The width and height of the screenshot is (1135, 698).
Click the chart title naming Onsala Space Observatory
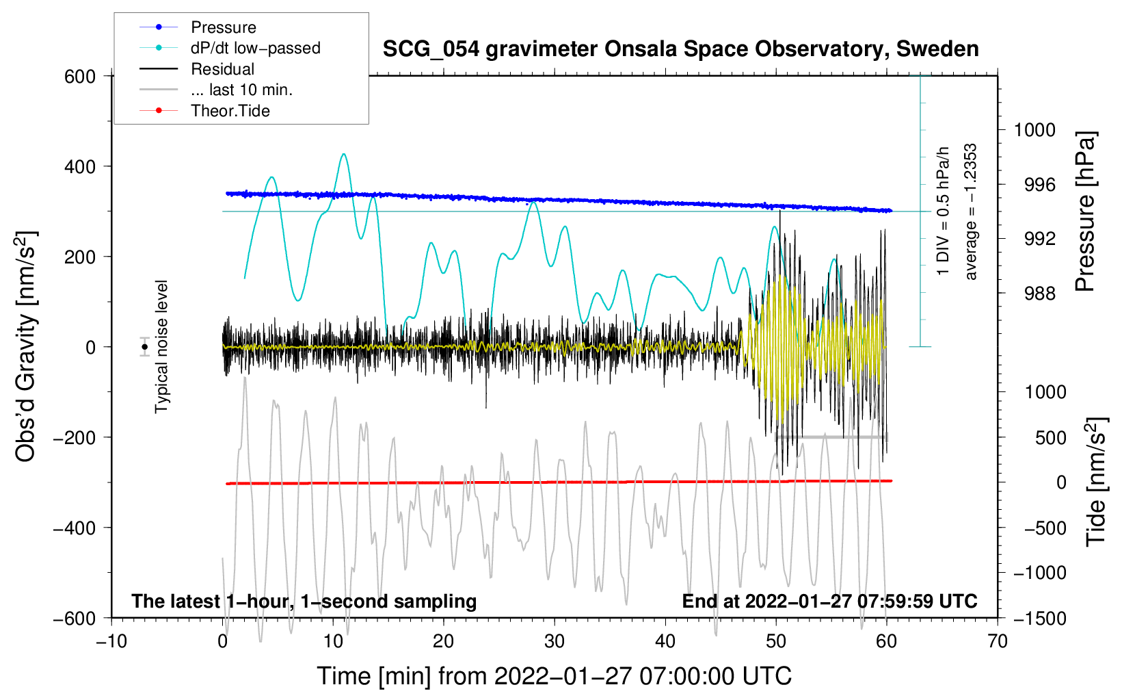click(x=680, y=49)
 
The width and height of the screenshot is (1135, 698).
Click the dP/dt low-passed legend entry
click(x=255, y=48)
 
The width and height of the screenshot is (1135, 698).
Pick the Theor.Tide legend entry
click(x=230, y=111)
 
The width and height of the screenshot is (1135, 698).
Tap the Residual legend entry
click(x=222, y=69)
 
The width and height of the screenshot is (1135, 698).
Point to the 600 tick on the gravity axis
click(x=80, y=76)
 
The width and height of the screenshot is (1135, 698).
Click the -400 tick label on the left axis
click(x=75, y=528)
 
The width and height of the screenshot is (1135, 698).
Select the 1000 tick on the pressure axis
click(x=1034, y=130)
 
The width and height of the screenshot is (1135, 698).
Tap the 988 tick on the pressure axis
click(x=1039, y=294)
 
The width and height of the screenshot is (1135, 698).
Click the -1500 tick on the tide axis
click(x=1039, y=618)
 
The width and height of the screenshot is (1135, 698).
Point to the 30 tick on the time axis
click(x=555, y=641)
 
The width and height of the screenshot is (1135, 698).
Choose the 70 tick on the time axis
click(x=998, y=641)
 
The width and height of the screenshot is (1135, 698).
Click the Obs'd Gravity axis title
click(x=26, y=347)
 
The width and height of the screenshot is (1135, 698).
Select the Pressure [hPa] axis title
click(x=1085, y=211)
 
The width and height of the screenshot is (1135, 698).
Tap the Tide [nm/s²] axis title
click(x=1095, y=482)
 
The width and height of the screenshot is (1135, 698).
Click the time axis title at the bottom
click(x=555, y=676)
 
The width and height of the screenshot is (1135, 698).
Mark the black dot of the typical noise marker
click(x=145, y=347)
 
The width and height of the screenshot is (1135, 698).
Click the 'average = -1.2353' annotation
click(x=971, y=211)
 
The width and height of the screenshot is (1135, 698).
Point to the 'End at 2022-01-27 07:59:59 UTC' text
click(x=829, y=601)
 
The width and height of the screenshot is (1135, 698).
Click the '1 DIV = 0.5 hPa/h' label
click(x=944, y=211)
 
